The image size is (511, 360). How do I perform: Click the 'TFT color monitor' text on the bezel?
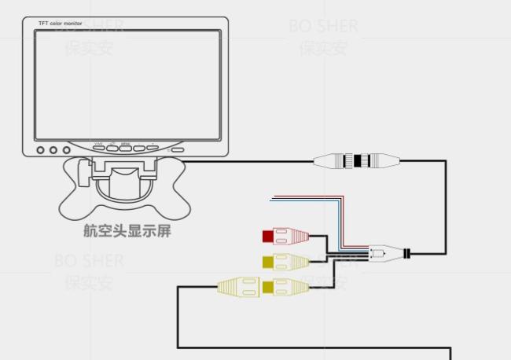point(61,24)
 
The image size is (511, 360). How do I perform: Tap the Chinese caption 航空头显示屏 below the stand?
point(127,230)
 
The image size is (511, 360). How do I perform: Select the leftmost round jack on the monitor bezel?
point(41,149)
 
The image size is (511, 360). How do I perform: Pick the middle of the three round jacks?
point(53,149)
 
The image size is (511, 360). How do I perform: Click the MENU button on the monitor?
point(125,147)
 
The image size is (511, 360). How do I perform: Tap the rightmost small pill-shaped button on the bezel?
point(178,149)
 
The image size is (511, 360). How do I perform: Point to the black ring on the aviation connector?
point(358,162)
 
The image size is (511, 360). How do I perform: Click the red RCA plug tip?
point(268,235)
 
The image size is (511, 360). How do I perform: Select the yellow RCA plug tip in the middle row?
point(268,261)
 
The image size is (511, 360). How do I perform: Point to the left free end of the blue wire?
point(272,201)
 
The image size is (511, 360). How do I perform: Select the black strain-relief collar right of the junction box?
point(406,254)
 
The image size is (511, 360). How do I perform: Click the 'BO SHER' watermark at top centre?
point(323,26)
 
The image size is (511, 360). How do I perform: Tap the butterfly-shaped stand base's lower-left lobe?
point(79,205)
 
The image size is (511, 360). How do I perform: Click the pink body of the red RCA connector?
point(291,235)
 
